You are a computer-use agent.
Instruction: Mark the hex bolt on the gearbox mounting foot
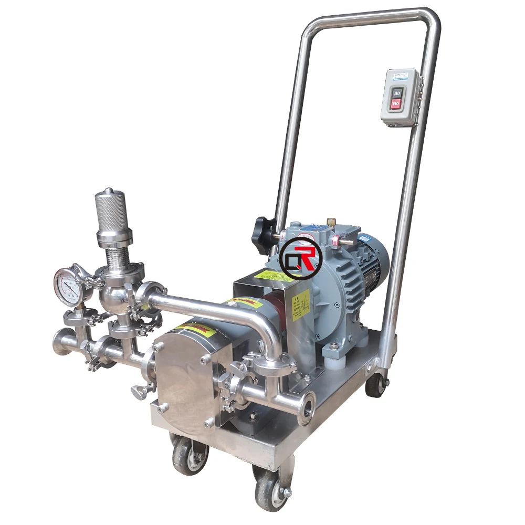[x=334, y=347]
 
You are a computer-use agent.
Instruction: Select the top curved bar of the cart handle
[x=367, y=15]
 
